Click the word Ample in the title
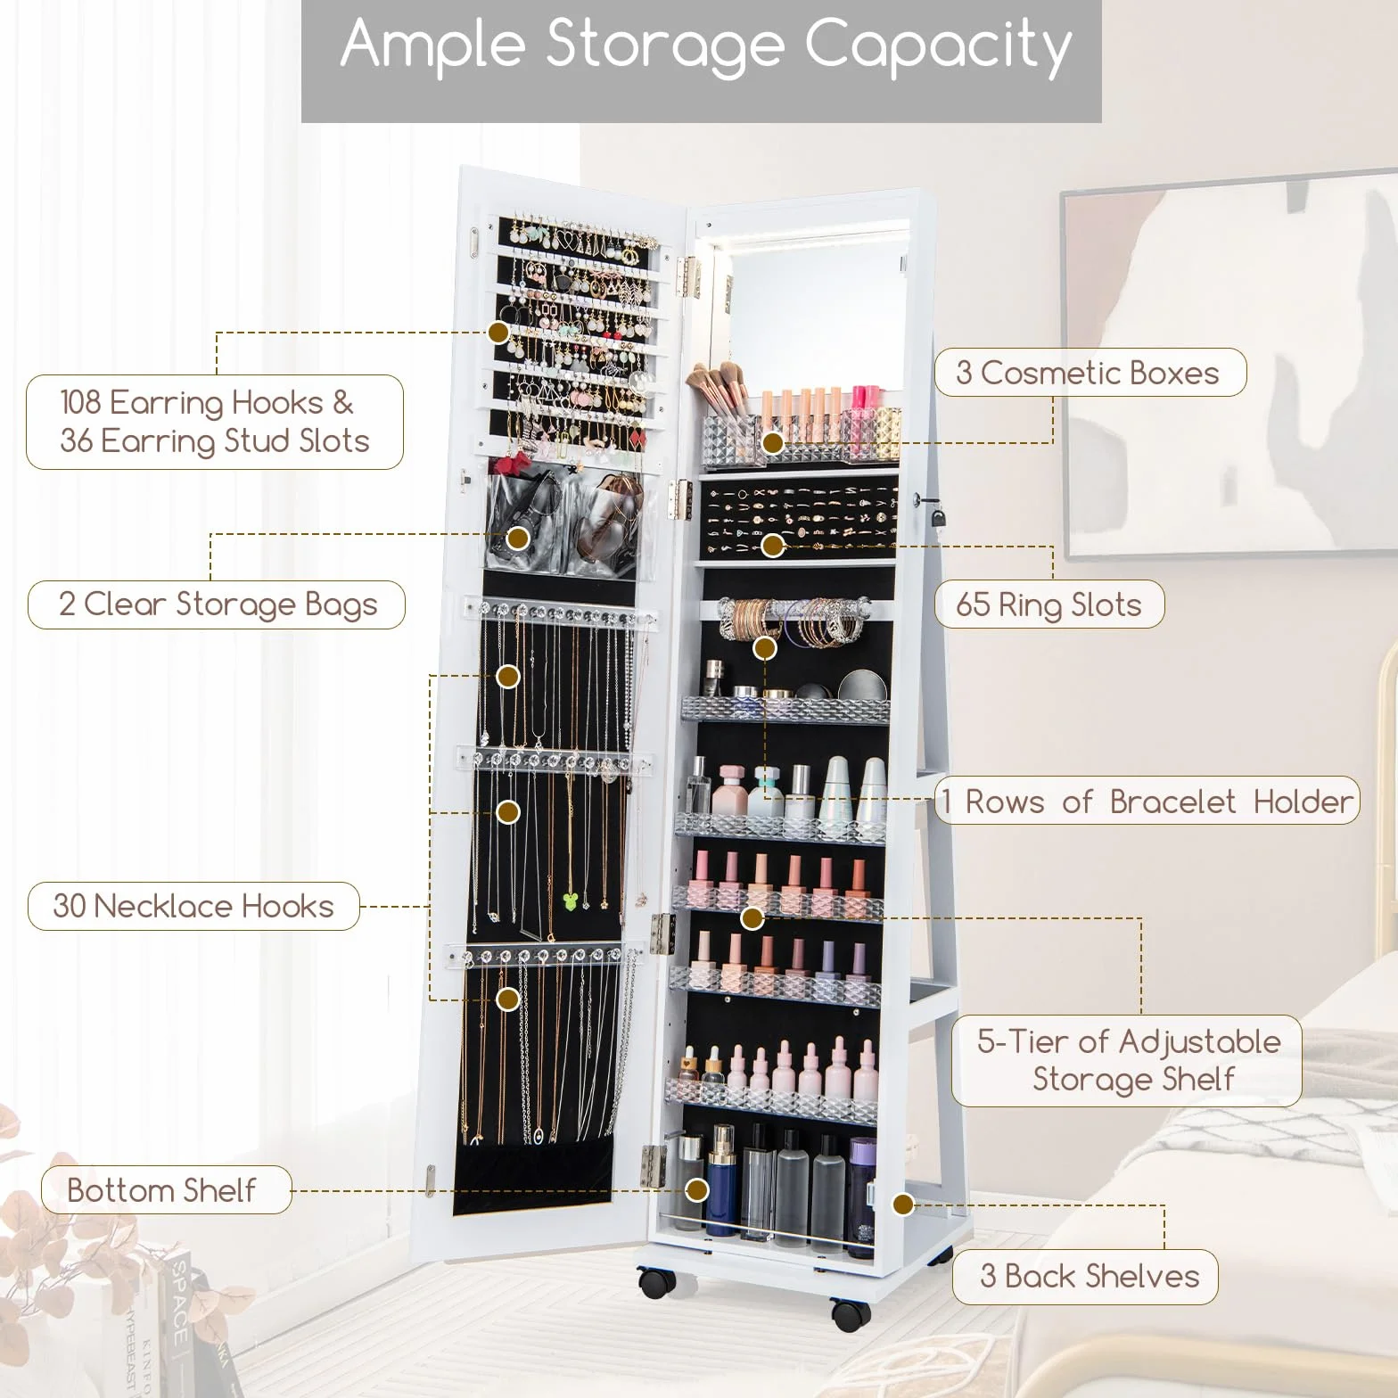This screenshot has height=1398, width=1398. click(433, 45)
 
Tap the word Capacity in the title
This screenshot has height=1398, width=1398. click(938, 46)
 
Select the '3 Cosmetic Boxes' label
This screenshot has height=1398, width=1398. click(1090, 373)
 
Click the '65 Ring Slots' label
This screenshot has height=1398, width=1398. click(1048, 604)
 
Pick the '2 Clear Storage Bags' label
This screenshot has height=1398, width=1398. click(217, 604)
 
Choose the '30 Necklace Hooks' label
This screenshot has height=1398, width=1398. click(193, 906)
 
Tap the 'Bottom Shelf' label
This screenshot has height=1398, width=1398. click(166, 1189)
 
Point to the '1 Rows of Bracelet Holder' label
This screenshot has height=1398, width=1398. click(1147, 801)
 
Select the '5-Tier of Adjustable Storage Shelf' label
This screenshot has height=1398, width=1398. click(1127, 1060)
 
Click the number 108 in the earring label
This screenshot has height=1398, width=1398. click(80, 402)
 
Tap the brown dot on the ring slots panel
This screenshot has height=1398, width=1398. click(773, 545)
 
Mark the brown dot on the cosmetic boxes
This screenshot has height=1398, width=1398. click(773, 442)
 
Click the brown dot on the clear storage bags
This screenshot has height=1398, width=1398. click(518, 538)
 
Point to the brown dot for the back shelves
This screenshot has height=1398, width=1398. click(903, 1205)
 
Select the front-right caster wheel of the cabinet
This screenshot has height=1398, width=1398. click(851, 1313)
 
